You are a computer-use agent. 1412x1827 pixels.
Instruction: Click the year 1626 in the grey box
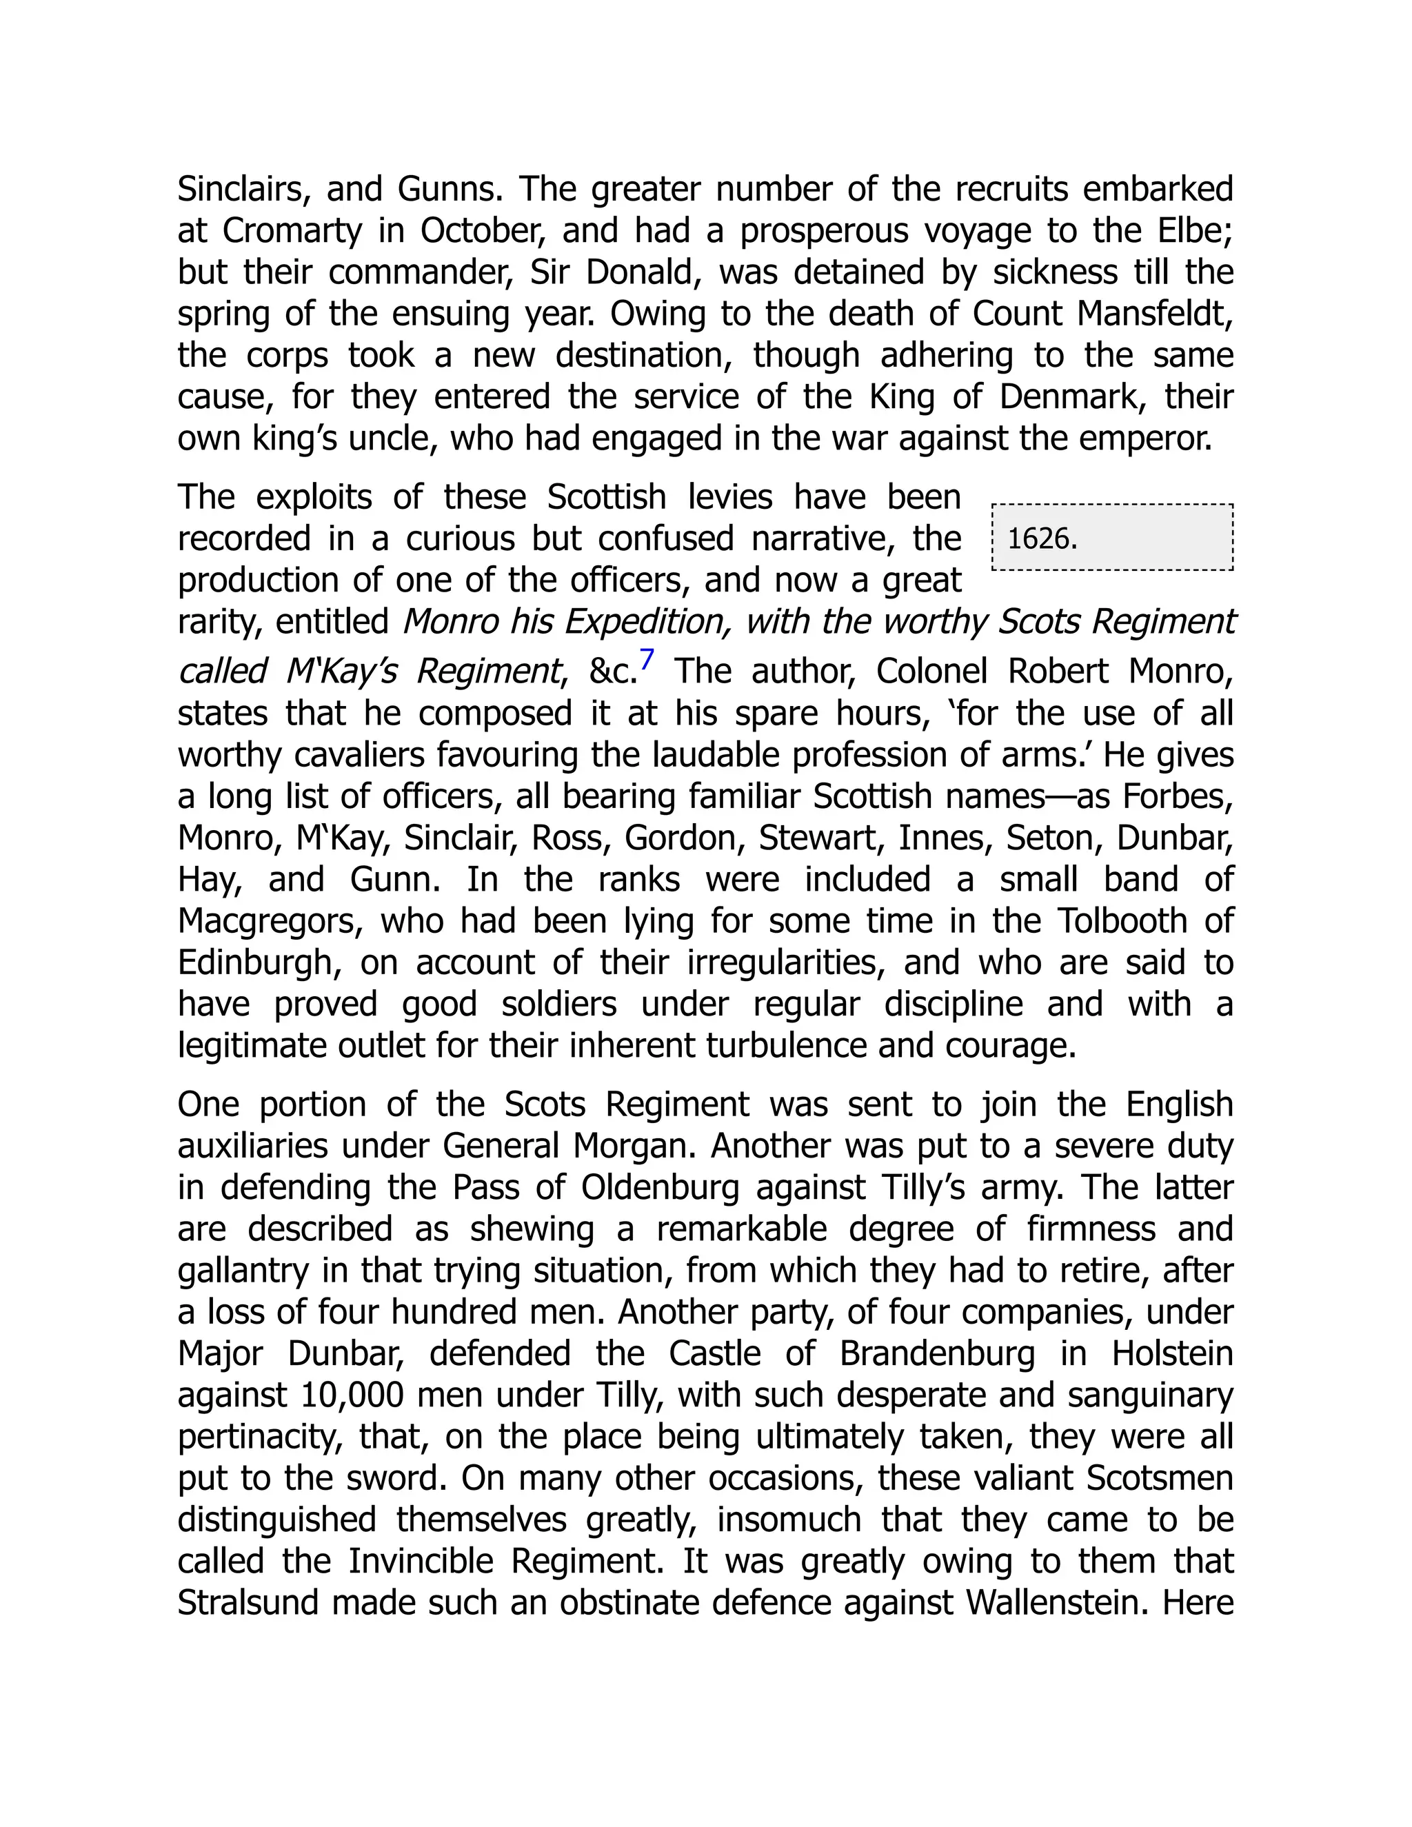coord(1042,538)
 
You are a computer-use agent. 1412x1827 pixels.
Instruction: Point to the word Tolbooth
coord(1122,921)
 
